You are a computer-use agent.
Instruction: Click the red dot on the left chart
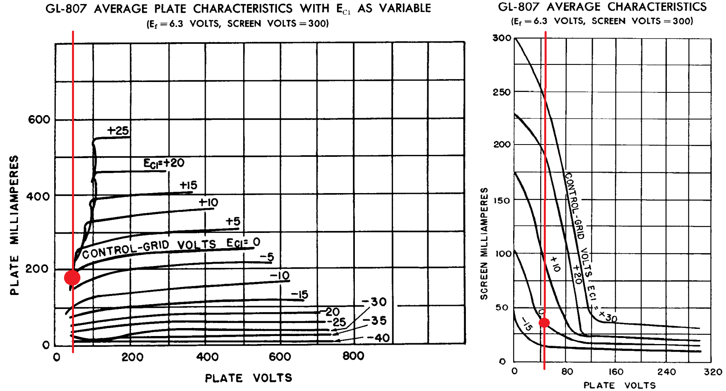72,278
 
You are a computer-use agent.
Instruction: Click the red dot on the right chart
544,323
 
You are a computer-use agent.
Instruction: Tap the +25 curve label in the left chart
118,131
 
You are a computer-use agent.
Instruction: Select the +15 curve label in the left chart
189,185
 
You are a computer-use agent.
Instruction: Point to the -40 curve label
378,338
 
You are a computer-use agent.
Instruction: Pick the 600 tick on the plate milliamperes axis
39,119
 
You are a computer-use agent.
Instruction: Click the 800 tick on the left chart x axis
353,356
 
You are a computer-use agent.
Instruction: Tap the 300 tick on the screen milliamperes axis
502,38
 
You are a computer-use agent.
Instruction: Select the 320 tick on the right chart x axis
713,372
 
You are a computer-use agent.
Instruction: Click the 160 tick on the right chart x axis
616,372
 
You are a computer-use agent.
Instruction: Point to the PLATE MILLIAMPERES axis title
14,225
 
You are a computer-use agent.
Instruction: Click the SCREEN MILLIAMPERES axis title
484,244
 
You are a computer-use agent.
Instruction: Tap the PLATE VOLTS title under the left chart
249,378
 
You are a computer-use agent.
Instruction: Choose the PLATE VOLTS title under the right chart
619,385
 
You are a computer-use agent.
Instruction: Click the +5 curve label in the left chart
233,221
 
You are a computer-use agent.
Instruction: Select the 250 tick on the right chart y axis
502,92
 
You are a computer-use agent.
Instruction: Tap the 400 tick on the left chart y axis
38,196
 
